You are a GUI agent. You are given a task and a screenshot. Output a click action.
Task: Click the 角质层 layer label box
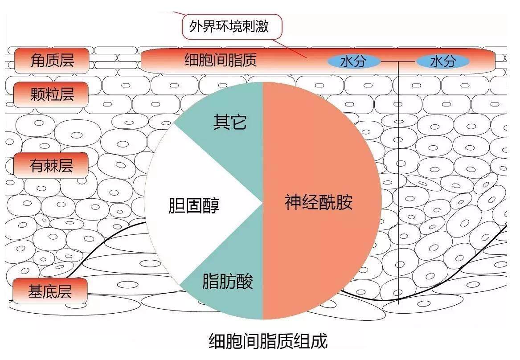click(x=52, y=61)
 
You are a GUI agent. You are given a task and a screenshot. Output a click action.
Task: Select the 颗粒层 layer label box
click(x=51, y=94)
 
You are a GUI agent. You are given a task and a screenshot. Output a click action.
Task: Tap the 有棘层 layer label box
click(x=51, y=165)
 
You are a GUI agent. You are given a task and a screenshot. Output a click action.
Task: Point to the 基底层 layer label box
click(x=50, y=291)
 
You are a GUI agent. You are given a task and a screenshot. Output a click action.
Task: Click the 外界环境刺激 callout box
click(x=232, y=26)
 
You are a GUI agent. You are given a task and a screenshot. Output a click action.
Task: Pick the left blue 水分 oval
click(x=353, y=61)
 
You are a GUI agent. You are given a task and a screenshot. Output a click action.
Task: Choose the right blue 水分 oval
click(x=443, y=61)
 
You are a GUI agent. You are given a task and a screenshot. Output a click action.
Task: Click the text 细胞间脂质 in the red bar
click(x=221, y=60)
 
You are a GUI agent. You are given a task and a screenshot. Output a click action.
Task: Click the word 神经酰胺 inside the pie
click(x=318, y=202)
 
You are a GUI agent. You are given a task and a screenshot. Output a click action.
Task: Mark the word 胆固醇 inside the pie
click(x=194, y=205)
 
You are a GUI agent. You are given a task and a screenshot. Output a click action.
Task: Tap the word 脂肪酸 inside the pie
click(x=228, y=281)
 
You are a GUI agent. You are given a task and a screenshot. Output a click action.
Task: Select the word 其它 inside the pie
click(x=230, y=122)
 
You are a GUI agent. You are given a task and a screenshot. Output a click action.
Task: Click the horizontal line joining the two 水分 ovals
click(x=398, y=61)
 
